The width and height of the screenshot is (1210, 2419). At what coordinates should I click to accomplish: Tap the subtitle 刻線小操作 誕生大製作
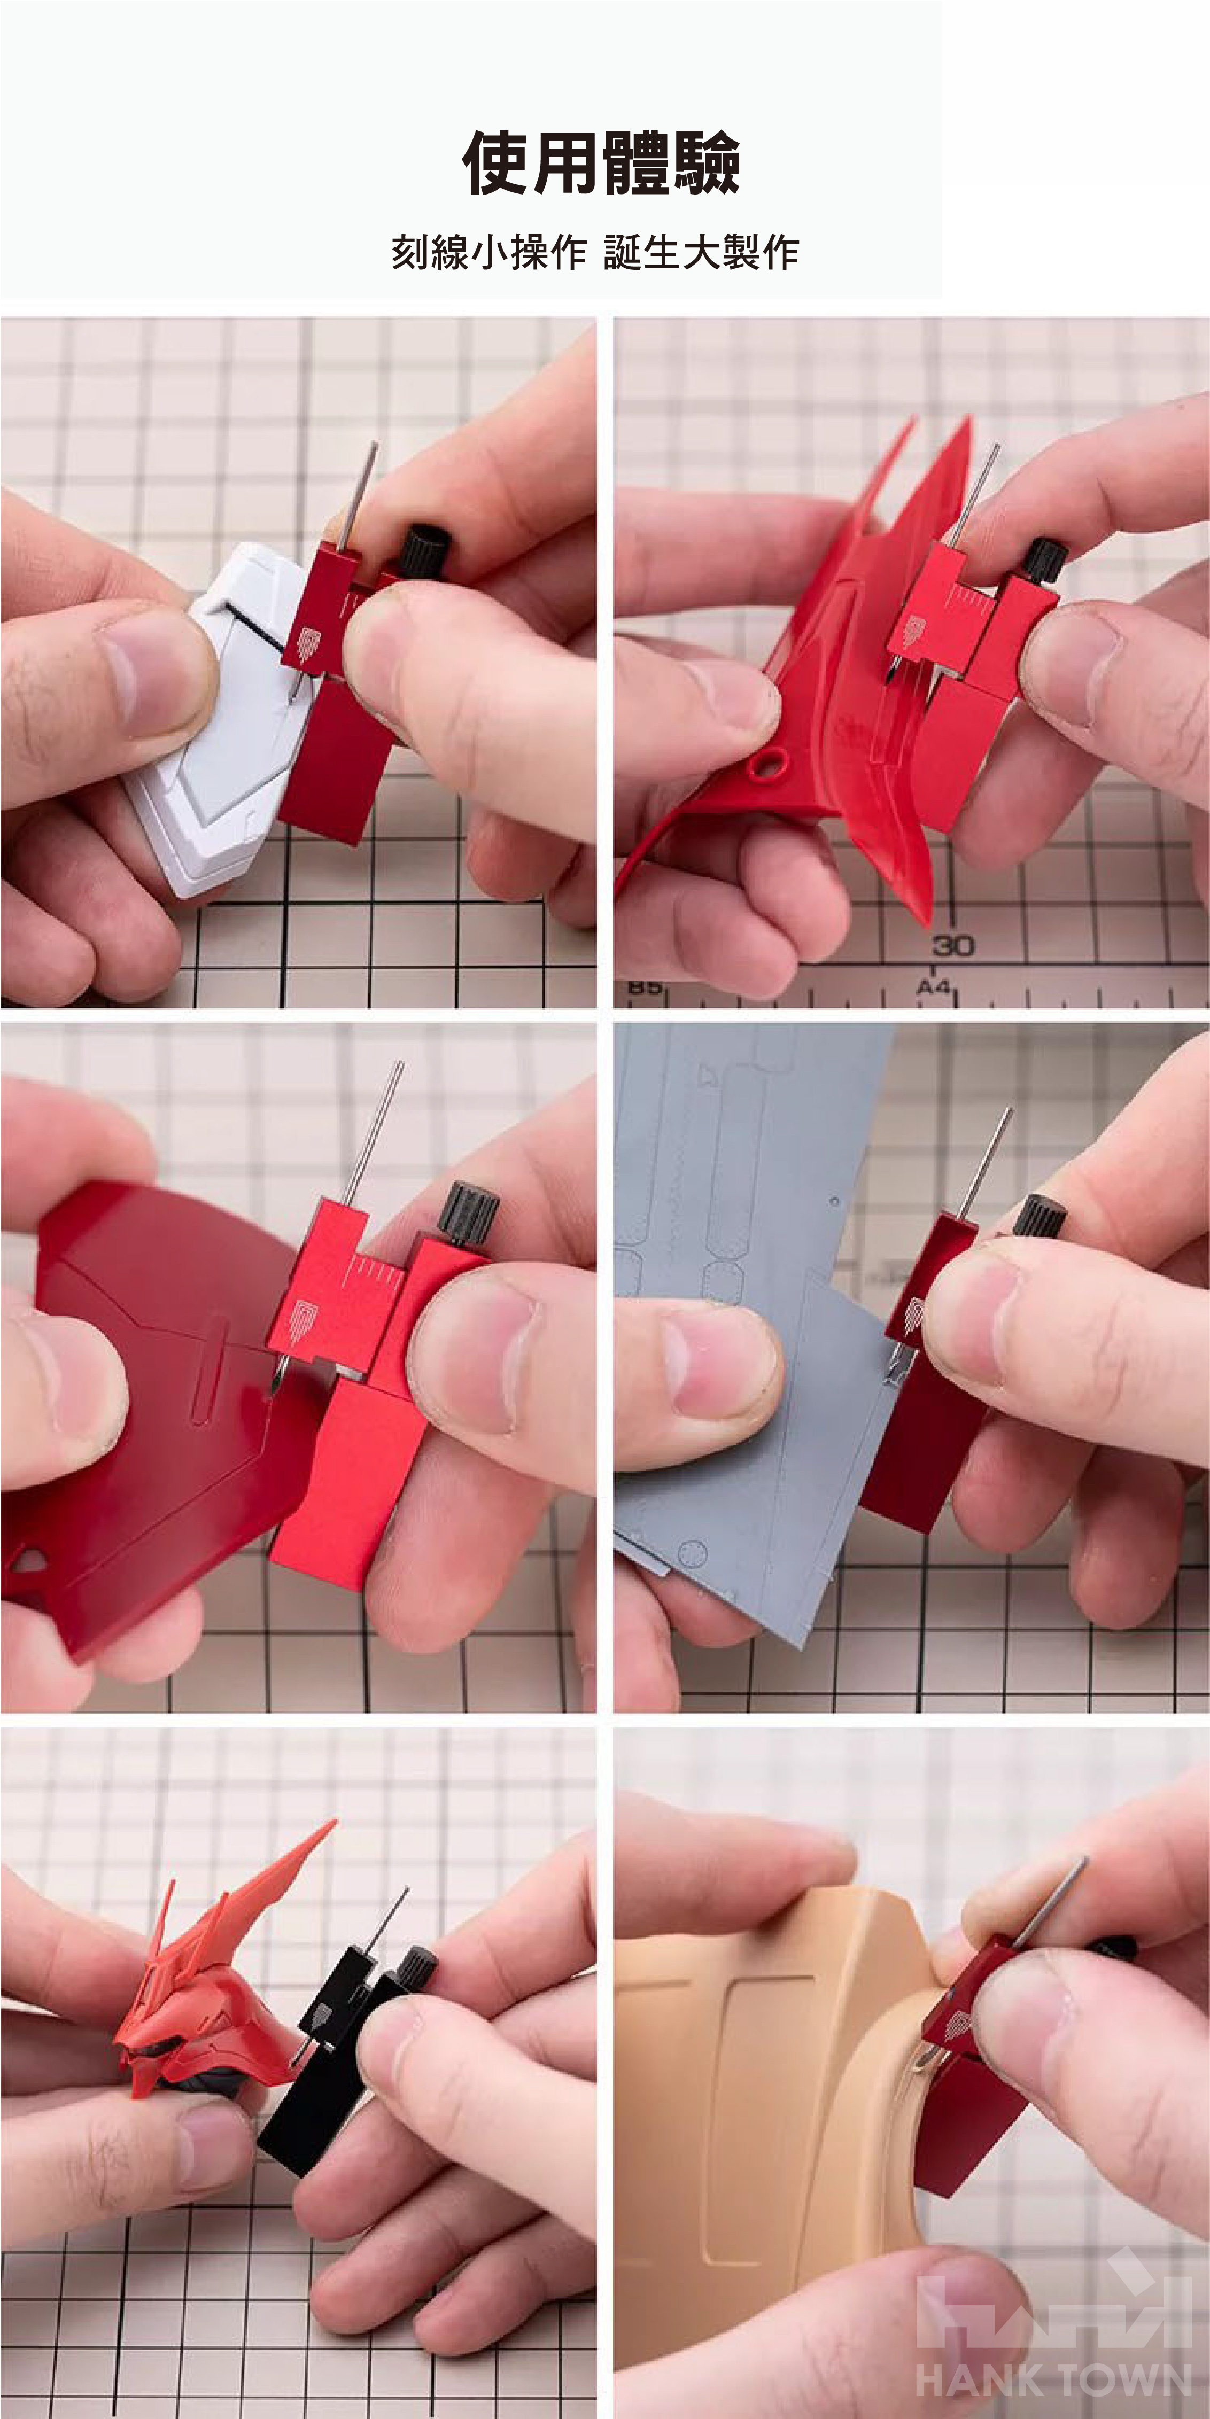point(595,253)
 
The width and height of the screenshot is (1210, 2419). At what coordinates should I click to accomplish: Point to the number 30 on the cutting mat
point(952,946)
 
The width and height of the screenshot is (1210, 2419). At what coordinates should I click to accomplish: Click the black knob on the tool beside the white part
point(425,551)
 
